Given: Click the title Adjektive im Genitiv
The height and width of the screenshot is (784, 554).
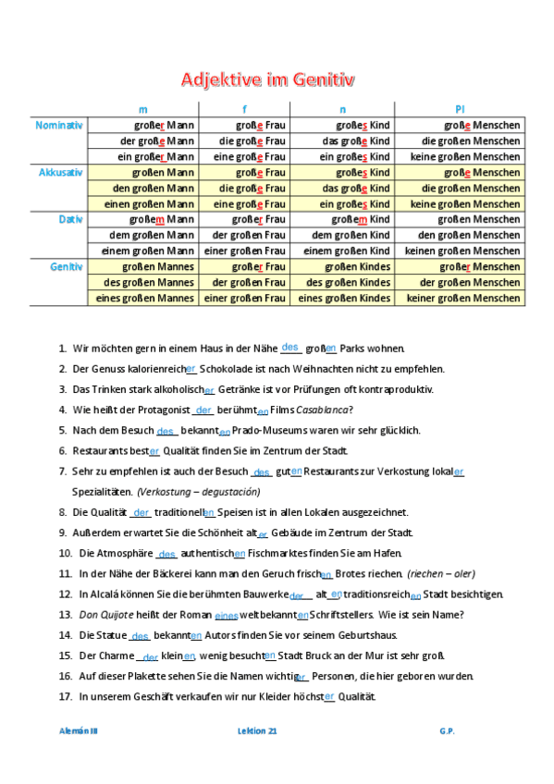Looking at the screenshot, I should (x=267, y=80).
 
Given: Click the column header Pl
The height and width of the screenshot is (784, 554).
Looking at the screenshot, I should (x=460, y=109).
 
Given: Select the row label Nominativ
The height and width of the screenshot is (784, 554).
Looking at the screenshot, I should (x=59, y=125).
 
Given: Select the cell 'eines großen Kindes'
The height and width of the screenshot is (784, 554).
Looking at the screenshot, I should (x=345, y=298).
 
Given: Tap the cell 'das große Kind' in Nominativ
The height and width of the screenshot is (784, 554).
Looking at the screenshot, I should (x=345, y=141).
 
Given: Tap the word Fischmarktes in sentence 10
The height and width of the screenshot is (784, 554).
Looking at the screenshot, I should (x=281, y=554).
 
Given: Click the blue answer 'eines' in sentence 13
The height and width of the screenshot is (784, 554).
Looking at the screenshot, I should (x=226, y=615).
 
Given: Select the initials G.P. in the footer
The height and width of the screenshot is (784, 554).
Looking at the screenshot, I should (x=448, y=730).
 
